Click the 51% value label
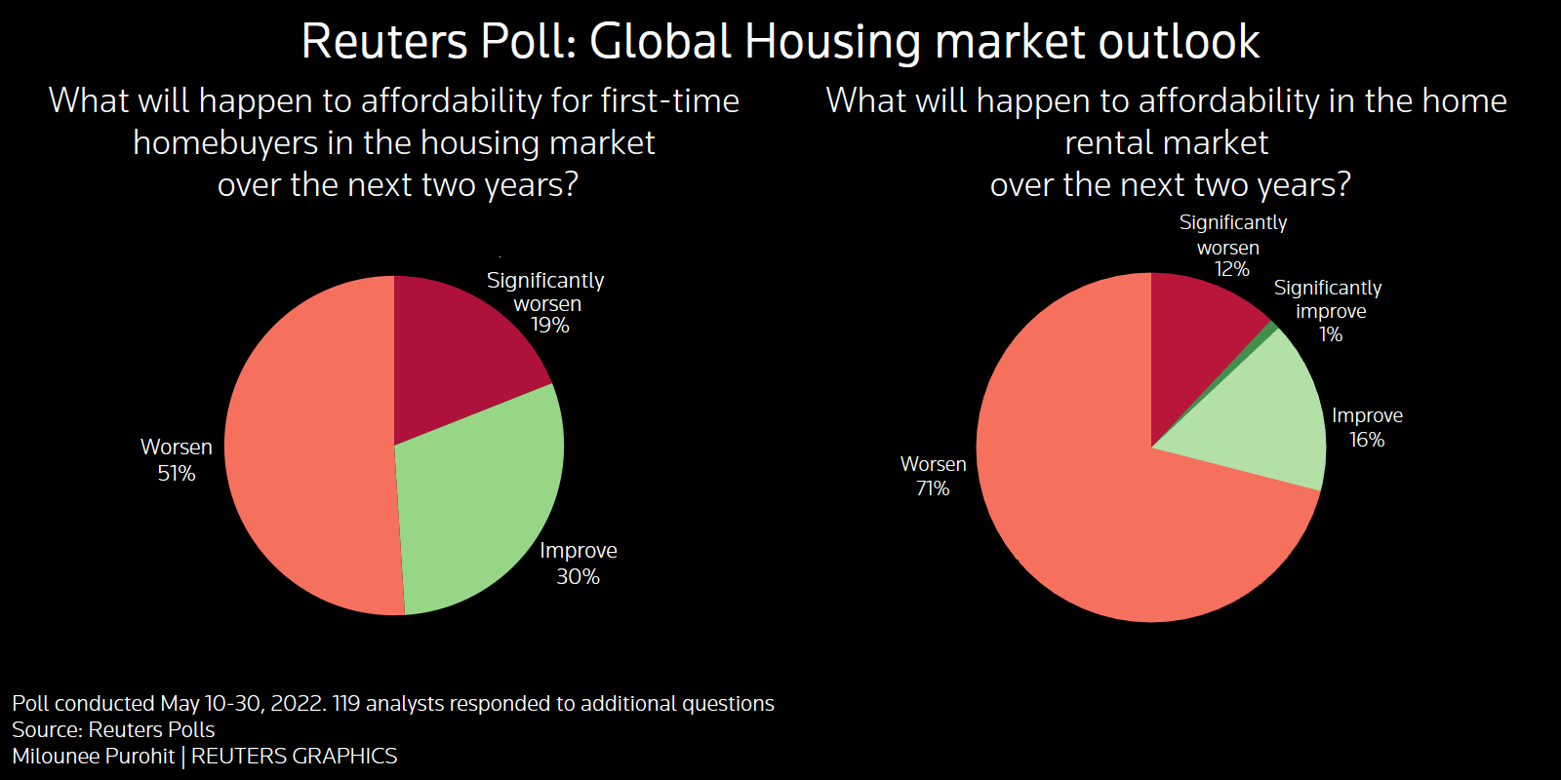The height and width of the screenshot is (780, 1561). (x=177, y=474)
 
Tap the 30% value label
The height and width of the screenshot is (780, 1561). (x=578, y=577)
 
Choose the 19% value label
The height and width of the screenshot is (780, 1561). (x=549, y=326)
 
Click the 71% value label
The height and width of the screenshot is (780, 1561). (x=933, y=488)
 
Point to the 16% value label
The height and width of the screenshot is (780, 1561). (x=1367, y=440)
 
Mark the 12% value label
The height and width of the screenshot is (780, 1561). (x=1231, y=269)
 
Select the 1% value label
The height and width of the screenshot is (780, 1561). (x=1331, y=334)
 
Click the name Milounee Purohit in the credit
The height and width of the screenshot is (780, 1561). (x=94, y=757)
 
